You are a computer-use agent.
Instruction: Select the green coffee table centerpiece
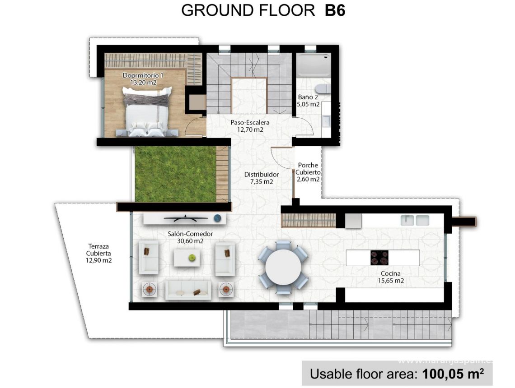[192, 258]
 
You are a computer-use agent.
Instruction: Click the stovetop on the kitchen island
[379, 258]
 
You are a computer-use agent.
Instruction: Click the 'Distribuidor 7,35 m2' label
[262, 178]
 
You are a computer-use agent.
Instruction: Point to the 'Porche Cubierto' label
[308, 172]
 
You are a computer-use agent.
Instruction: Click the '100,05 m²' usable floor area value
[453, 374]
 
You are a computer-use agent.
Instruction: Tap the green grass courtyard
[175, 174]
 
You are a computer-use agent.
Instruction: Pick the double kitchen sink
[415, 220]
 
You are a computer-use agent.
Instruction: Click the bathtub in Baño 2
[314, 64]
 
